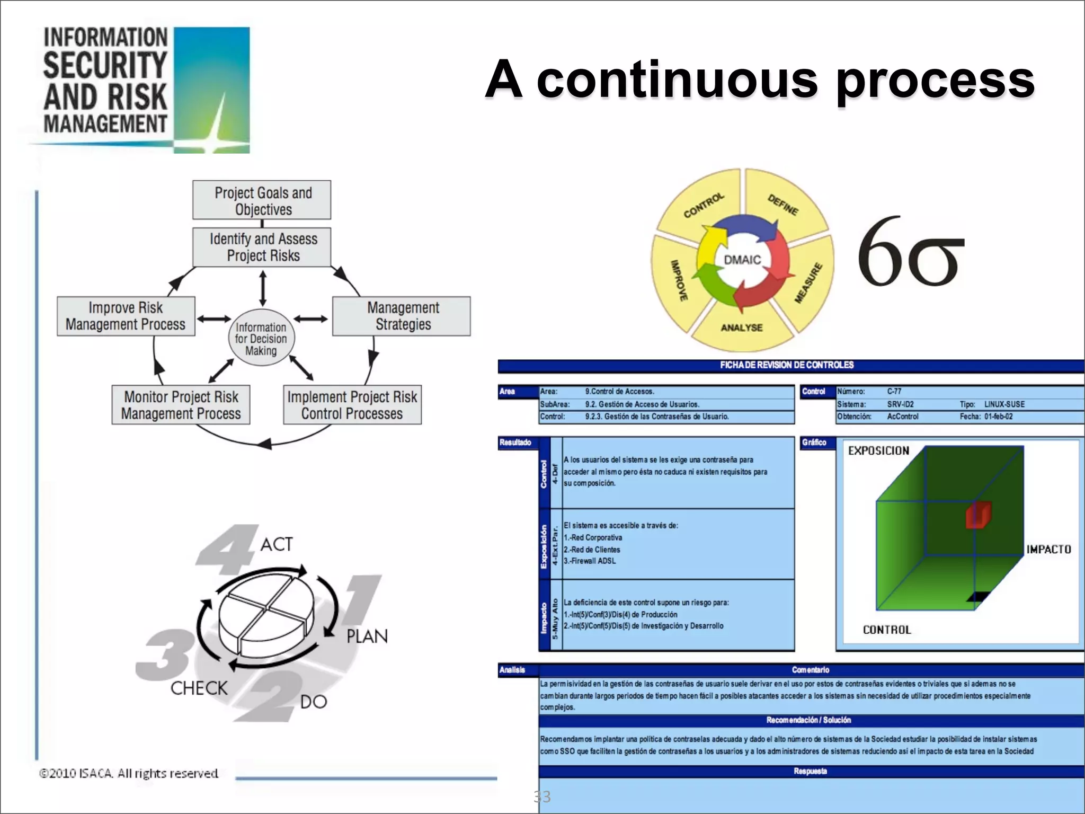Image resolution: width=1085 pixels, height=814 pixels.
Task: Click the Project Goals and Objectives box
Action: coord(262,200)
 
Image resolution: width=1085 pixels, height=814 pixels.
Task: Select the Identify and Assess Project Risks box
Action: coord(262,247)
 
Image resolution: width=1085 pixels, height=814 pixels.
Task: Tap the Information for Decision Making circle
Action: coord(261,339)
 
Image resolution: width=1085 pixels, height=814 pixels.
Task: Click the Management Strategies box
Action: coord(402,316)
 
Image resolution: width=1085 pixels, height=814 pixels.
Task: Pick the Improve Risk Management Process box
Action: coord(126,316)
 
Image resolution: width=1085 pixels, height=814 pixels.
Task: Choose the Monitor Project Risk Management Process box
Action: coord(181,405)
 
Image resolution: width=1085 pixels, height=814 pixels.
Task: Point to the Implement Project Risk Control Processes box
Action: coord(352,405)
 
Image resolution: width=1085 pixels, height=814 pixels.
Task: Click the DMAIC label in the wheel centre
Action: coord(742,260)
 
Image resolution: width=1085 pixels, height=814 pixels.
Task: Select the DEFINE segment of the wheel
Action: coord(783,205)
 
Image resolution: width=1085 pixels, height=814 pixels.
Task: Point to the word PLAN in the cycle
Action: coord(367,636)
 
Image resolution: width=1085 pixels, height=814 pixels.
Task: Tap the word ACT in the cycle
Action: coord(276,544)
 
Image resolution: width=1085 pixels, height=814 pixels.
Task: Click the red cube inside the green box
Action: coord(978,515)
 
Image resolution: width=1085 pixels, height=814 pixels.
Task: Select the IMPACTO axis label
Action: coord(1048,550)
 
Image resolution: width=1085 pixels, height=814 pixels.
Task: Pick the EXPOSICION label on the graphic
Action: coord(878,451)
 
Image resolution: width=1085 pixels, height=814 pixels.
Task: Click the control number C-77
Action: coord(894,392)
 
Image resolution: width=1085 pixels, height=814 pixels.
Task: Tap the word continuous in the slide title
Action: coord(677,81)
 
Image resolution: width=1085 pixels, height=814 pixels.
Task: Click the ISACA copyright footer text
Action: coord(129,773)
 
